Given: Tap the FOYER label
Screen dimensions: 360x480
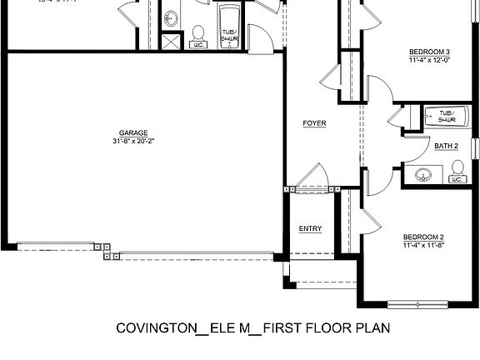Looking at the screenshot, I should tap(314, 123).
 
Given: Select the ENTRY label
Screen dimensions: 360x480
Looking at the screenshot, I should tap(310, 229).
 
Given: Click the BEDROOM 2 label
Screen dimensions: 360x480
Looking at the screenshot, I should tap(422, 236).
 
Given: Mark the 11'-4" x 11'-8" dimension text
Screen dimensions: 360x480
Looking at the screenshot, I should tap(422, 245).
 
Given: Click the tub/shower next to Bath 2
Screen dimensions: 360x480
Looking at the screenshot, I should tap(446, 117).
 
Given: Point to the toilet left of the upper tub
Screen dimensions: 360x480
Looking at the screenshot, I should tap(198, 36).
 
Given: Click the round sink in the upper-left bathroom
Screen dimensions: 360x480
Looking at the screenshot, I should tap(172, 17).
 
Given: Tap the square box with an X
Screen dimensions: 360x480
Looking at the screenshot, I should tap(171, 42).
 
